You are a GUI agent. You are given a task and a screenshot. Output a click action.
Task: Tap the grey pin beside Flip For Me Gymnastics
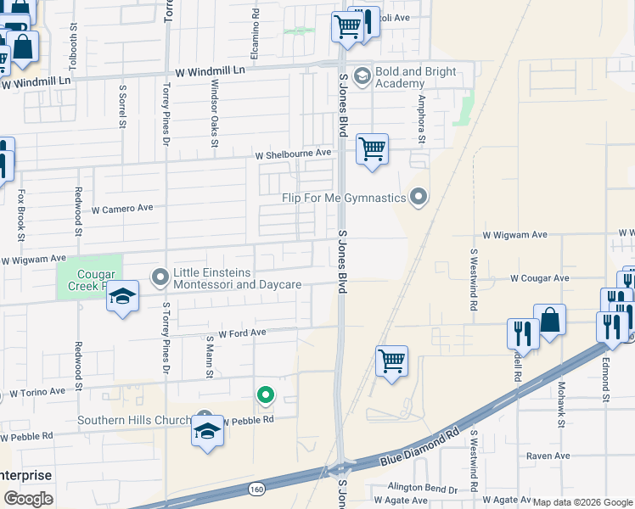pos(418,198)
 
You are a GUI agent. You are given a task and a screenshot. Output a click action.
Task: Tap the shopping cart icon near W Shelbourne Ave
pos(372,150)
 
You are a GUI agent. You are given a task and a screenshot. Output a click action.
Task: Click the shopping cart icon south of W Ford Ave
pos(391,361)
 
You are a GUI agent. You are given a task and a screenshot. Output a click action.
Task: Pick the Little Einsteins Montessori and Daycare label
pos(237,278)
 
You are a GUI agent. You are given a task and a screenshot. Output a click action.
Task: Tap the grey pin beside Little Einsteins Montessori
pos(160,277)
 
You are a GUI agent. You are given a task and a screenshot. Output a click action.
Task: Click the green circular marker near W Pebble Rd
pos(266,394)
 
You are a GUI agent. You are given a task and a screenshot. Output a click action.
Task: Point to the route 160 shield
pos(256,489)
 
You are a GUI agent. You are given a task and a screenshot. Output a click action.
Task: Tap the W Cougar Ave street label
pos(539,278)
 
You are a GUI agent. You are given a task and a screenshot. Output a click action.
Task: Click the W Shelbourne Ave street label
pos(294,154)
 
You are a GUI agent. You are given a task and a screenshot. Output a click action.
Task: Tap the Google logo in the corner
pos(28,499)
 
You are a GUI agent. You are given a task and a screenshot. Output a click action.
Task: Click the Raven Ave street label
pos(548,456)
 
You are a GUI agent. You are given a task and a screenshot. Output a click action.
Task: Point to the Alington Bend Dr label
pos(422,487)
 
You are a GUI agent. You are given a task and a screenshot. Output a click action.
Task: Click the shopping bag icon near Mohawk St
pos(549,321)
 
